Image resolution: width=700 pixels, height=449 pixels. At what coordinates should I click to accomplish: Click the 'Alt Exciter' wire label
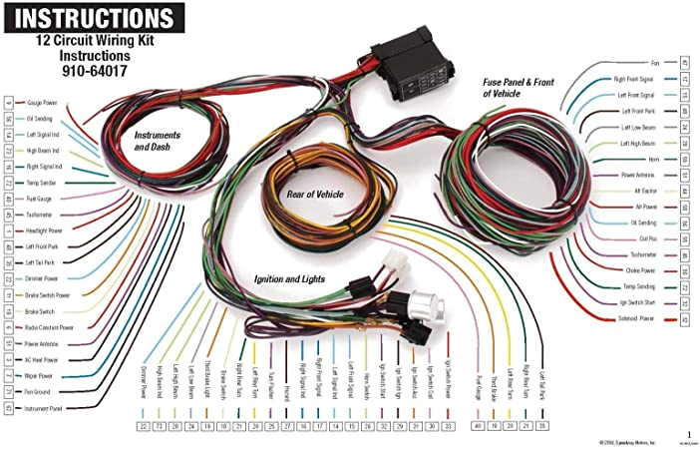tap(645, 190)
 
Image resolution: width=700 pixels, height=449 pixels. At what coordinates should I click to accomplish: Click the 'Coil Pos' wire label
tap(647, 237)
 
